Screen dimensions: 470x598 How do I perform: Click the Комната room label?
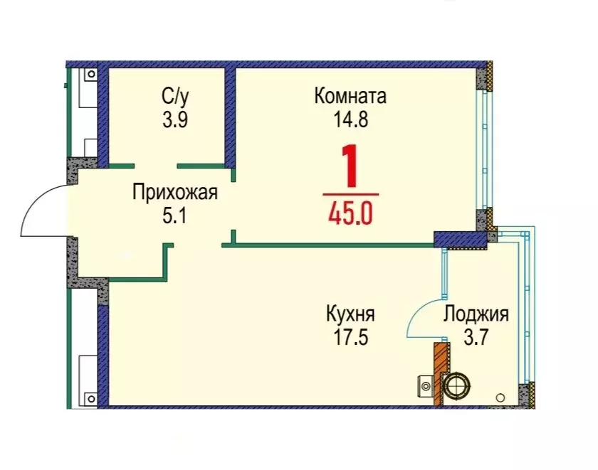pos(350,96)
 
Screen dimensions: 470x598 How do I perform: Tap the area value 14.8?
pos(350,119)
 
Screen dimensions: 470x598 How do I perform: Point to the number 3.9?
pos(174,119)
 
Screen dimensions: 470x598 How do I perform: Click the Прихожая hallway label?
pos(174,191)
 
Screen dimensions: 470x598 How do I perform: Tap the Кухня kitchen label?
pos(350,314)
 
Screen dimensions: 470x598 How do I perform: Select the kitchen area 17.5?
pos(350,336)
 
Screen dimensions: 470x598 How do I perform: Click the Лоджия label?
pos(476,314)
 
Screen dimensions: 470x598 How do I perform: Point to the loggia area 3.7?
pos(476,336)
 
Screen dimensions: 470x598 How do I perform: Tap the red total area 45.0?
pos(350,213)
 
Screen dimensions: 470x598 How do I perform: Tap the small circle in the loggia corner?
pos(501,398)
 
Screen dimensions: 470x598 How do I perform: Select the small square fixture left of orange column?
pos(425,387)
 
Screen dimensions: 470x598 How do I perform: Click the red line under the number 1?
pos(350,193)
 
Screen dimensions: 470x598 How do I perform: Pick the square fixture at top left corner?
pos(91,73)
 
